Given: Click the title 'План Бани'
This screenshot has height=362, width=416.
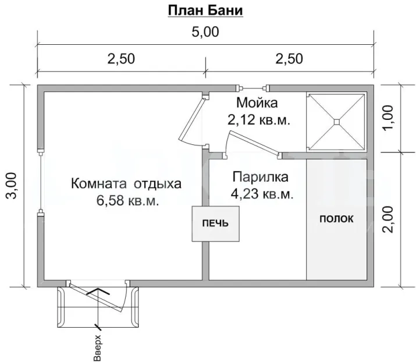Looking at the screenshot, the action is coord(205,11).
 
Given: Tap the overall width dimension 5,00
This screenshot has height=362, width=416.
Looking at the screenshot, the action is coord(205,32).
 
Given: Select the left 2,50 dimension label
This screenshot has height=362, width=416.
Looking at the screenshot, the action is coord(121,59).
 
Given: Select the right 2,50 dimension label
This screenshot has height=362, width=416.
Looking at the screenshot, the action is coord(289,59).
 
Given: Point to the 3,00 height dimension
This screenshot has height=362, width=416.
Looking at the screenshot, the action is coord(12,185).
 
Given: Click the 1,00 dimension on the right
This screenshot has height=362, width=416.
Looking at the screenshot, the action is coord(388,118).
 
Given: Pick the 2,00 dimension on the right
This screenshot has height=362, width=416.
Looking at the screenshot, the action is coord(388,219).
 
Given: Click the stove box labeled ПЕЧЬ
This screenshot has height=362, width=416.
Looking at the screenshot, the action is coord(215,223).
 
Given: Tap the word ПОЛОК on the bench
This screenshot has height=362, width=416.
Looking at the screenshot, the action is coord(336,219).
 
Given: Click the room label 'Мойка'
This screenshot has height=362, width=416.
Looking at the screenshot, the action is coord(257,102).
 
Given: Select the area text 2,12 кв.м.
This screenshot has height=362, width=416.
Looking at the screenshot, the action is coord(259,120).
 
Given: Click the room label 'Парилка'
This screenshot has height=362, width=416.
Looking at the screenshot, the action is coord(260,177).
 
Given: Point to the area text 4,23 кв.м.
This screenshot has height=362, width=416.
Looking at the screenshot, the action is coord(262,194).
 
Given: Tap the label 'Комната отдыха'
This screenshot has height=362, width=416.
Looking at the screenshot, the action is coord(126,184).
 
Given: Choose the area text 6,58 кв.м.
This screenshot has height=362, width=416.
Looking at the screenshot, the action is coord(127,201).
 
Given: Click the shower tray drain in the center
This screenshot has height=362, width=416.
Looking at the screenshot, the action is coord(336,122).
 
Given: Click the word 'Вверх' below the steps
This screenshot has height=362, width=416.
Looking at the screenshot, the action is coord(97,348).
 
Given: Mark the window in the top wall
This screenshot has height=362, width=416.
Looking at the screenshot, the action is coord(253,88).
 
